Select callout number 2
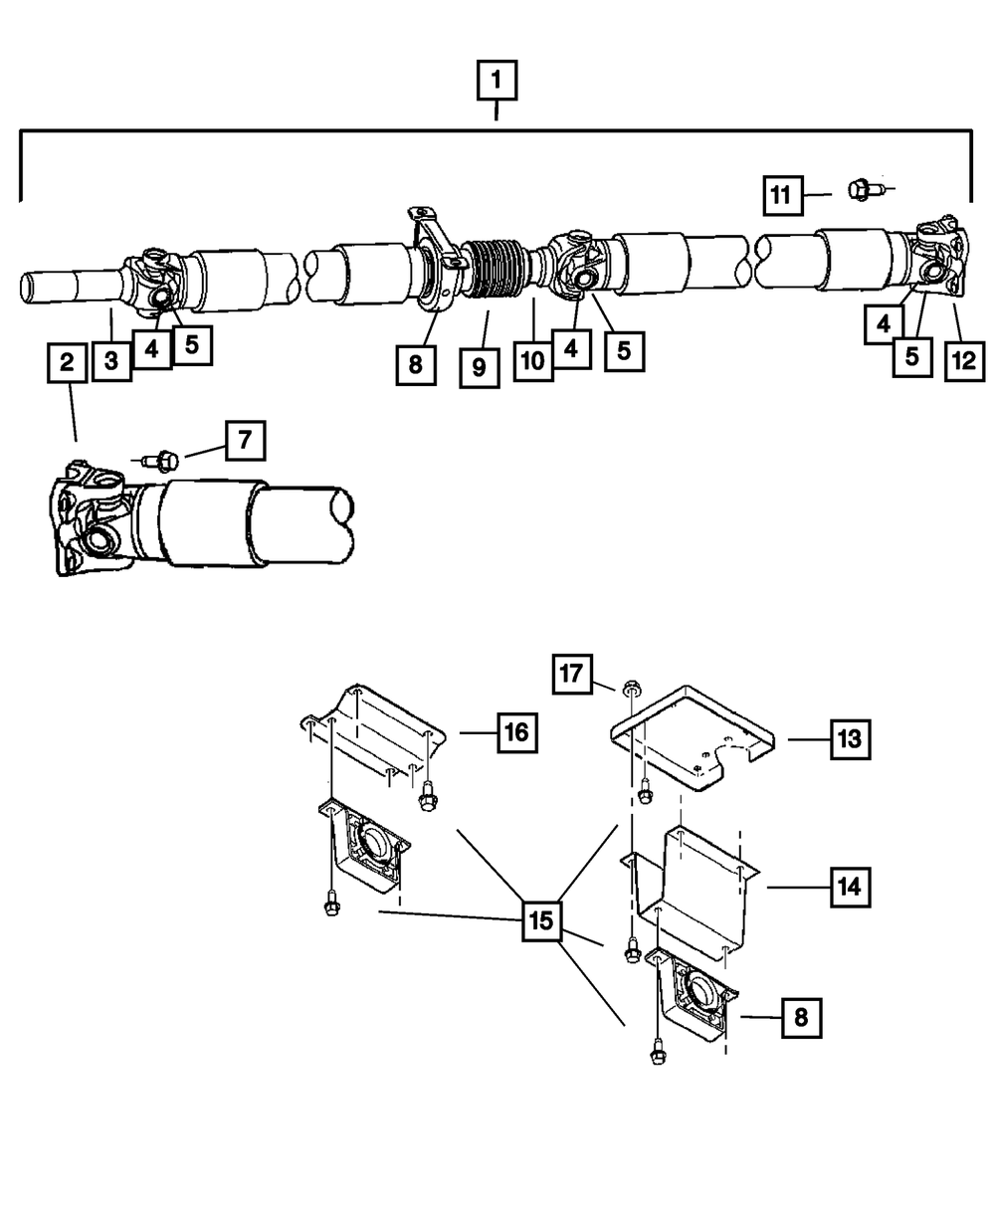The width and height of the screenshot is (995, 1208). (x=67, y=362)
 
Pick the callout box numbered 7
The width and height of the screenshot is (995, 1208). (x=246, y=440)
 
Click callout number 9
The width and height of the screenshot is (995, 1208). (x=479, y=367)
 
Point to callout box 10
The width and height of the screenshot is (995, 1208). (x=533, y=359)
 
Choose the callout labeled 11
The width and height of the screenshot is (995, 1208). (x=784, y=194)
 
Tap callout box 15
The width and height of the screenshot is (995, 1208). (x=540, y=921)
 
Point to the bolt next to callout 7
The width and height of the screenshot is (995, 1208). (x=163, y=459)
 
